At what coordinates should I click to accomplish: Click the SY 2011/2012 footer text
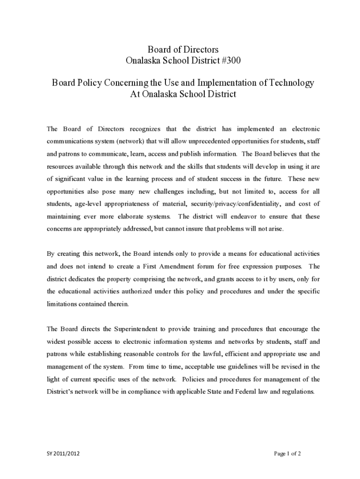[59, 453]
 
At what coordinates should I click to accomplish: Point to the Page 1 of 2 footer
[287, 453]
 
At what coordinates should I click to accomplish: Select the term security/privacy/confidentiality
[234, 204]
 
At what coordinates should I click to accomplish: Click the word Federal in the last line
[242, 392]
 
